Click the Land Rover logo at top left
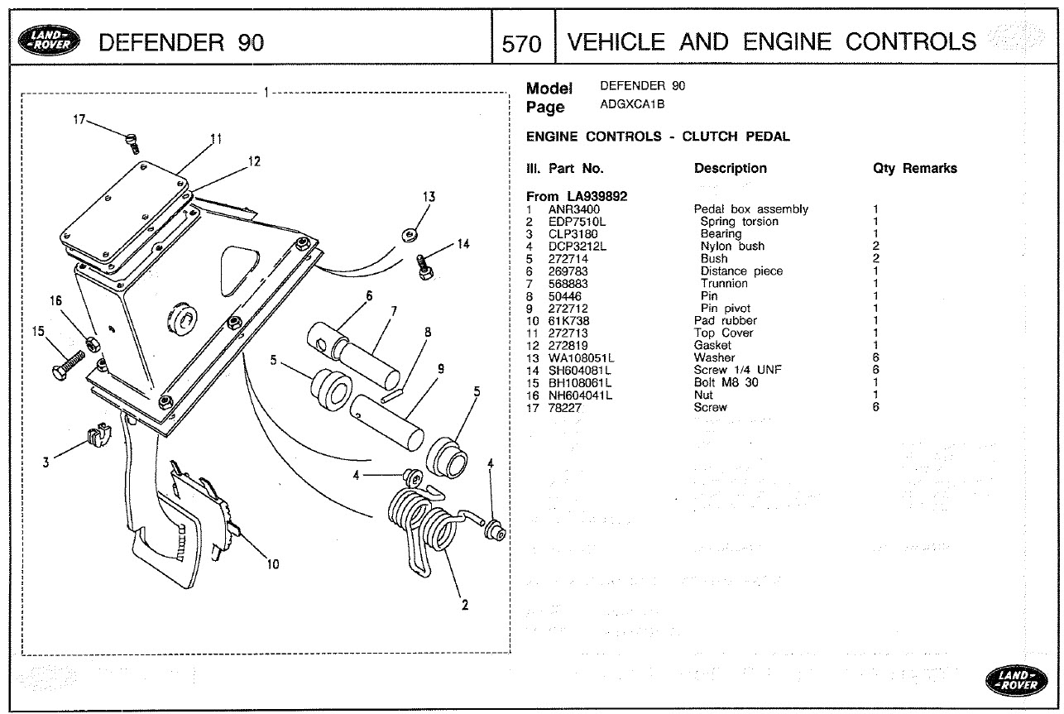click(52, 41)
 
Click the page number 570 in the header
click(521, 43)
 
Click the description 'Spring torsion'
click(739, 222)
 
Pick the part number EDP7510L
click(577, 222)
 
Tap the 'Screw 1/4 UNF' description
click(737, 370)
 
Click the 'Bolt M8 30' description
click(726, 382)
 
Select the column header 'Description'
click(730, 169)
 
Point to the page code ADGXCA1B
click(633, 104)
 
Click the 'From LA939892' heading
click(576, 196)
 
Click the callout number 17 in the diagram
click(79, 121)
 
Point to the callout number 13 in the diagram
click(429, 197)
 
